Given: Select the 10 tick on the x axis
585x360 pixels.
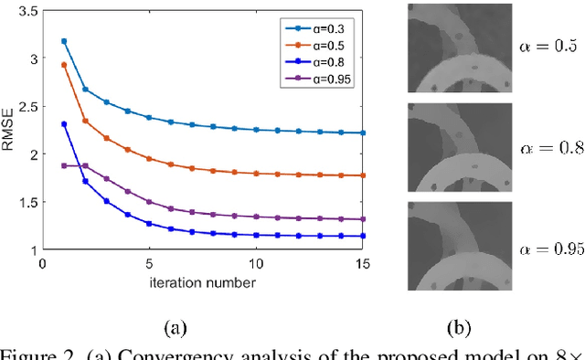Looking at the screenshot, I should click(x=257, y=264).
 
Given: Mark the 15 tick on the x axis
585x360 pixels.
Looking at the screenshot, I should click(x=364, y=264).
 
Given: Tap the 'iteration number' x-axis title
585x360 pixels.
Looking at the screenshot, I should click(x=203, y=282).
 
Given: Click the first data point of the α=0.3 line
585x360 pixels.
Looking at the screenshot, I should click(x=63, y=41).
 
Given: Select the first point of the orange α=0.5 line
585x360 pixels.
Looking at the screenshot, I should click(x=63, y=65).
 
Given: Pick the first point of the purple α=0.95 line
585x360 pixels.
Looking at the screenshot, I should click(x=63, y=165).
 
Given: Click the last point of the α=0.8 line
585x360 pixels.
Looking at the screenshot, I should click(x=364, y=236).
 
